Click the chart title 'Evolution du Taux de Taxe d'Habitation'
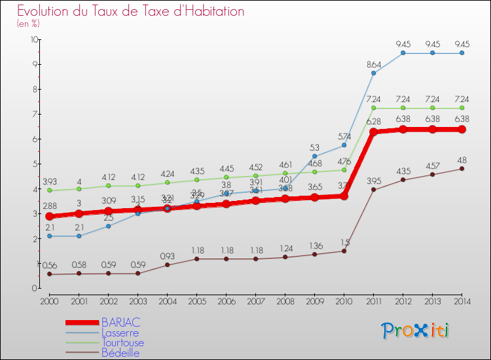[131, 11]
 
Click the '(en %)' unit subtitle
[28, 24]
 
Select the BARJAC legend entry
[120, 323]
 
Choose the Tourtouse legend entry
[122, 343]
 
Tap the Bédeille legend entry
[120, 353]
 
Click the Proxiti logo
[416, 331]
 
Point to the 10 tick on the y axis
[33, 39]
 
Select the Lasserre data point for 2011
[373, 73]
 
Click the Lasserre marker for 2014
[462, 53]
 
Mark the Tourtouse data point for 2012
[403, 108]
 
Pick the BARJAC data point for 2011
[373, 132]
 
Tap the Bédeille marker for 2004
[168, 264]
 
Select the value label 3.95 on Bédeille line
[373, 181]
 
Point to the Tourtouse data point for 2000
[50, 190]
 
